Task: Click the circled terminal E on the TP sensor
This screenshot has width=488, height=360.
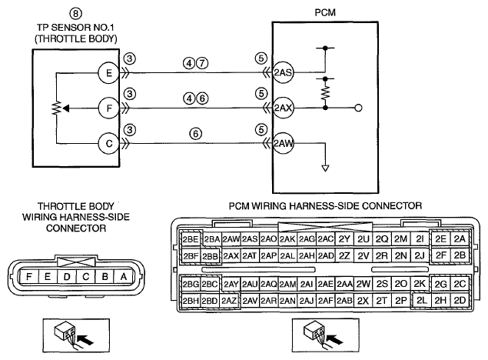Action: pos(109,73)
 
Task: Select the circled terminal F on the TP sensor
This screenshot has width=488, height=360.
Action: pos(109,108)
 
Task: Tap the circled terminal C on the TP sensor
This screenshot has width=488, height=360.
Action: pos(109,144)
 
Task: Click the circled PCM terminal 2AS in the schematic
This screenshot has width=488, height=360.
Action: pos(283,72)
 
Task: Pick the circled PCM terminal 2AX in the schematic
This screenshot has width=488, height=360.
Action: pos(283,108)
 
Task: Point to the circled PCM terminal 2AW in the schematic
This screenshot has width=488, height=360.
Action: pos(283,143)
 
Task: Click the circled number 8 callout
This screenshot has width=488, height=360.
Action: pos(75,14)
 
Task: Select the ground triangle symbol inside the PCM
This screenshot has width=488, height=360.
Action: pos(325,168)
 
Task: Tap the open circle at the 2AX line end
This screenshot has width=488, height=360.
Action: pos(358,108)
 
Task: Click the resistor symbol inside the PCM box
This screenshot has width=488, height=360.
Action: pos(325,92)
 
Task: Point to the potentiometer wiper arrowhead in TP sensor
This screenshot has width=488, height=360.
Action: pos(66,108)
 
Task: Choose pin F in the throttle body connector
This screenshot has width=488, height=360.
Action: pos(28,277)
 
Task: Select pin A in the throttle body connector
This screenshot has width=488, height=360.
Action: pos(124,277)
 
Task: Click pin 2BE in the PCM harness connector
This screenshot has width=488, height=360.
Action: pos(191,239)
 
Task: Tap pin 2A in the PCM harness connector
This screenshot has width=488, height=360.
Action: pos(460,239)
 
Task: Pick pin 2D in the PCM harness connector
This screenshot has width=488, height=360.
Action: pos(460,300)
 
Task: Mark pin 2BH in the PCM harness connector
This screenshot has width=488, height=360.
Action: pos(191,301)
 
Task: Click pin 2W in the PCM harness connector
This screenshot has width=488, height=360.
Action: pos(364,284)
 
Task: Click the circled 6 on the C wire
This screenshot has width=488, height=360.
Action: pos(195,134)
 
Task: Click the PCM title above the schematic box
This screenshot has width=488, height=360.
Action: pos(325,13)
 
